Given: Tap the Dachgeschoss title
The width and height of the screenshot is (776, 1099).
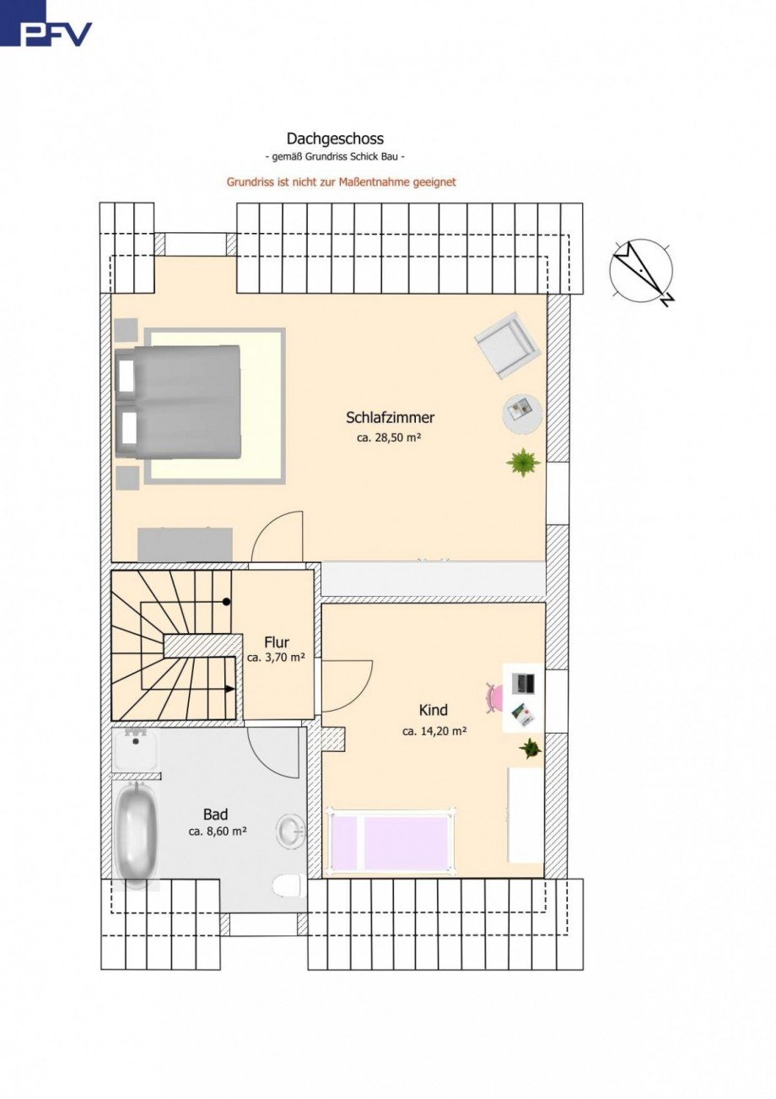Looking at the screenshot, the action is (x=335, y=139).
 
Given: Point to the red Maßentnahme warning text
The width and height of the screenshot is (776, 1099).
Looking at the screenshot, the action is (x=341, y=182).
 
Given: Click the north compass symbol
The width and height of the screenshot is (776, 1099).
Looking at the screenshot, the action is (x=642, y=271).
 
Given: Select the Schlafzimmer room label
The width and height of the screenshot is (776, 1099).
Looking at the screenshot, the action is (x=391, y=418).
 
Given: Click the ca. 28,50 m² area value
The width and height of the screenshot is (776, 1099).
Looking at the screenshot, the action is (x=389, y=437).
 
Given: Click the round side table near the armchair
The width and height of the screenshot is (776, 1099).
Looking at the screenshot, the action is (x=522, y=414).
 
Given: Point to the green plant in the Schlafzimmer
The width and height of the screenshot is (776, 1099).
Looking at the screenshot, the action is (x=523, y=463).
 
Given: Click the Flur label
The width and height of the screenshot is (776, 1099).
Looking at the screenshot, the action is (x=277, y=642).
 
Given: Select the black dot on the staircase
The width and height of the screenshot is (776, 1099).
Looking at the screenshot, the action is (x=226, y=601).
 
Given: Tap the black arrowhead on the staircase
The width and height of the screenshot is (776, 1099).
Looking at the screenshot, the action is (x=229, y=689).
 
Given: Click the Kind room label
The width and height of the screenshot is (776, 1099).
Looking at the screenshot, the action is (x=434, y=710).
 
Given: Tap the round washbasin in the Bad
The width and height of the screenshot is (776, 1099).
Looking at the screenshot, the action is (x=292, y=831).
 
